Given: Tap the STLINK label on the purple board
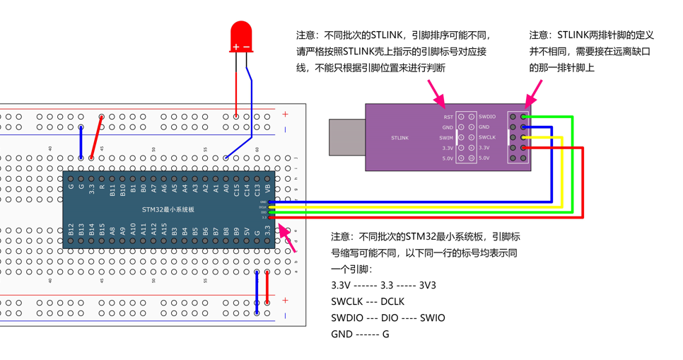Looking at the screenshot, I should [399, 138].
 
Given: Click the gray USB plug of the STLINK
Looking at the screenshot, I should [347, 137].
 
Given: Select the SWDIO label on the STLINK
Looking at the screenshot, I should [487, 117].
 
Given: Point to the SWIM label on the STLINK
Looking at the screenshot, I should [446, 138].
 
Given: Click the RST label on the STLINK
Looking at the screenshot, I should [448, 117].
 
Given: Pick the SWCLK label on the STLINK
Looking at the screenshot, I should [487, 138].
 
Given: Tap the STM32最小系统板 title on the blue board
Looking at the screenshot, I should [168, 210].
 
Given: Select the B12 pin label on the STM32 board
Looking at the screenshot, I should [71, 229].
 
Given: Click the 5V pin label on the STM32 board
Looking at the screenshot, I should [247, 231].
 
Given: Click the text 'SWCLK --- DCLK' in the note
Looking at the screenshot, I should [368, 301].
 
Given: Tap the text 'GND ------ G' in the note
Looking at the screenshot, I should [360, 334].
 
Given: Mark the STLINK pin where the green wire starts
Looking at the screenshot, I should [524, 117].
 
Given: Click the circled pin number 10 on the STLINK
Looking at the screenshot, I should [471, 158].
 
